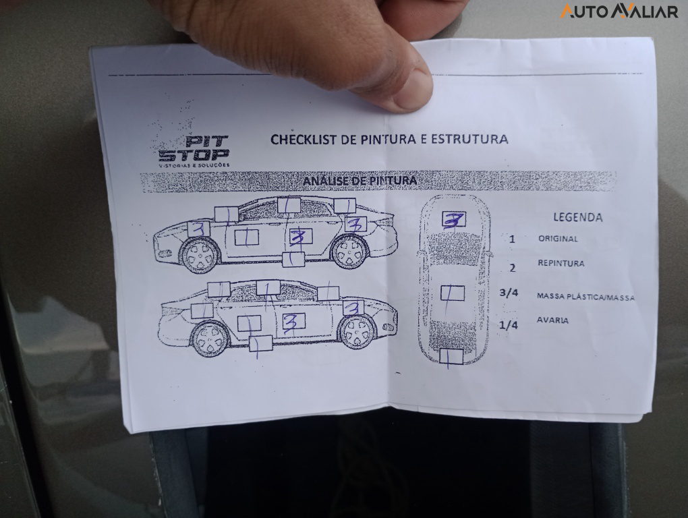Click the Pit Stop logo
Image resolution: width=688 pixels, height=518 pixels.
pos(194,150)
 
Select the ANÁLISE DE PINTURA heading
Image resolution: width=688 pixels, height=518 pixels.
pos(360,181)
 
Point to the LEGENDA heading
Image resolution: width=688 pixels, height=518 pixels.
pos(578,217)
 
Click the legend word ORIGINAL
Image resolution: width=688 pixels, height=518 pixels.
pos(558,239)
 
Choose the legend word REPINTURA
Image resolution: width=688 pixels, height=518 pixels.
pos(561,263)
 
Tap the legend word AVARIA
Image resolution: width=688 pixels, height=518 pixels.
pos(552,320)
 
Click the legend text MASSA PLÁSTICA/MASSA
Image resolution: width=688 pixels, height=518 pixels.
pos(585,296)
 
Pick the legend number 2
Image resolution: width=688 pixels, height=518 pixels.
pos(512,268)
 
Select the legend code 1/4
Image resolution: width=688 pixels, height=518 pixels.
pos(508,325)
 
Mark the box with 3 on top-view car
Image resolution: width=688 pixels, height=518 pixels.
pos(453,220)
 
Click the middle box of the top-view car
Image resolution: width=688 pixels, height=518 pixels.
pos(452,293)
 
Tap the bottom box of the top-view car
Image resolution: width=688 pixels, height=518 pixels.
pos(451,357)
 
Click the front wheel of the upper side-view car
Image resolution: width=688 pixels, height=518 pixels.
pos(200,256)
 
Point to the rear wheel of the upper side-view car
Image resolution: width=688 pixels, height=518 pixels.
pos(349,252)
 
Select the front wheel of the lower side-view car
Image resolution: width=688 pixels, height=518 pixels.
pos(357,331)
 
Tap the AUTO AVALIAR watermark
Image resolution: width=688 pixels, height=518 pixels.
pos(619,11)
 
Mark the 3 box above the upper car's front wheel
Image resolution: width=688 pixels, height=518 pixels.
pos(198,229)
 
